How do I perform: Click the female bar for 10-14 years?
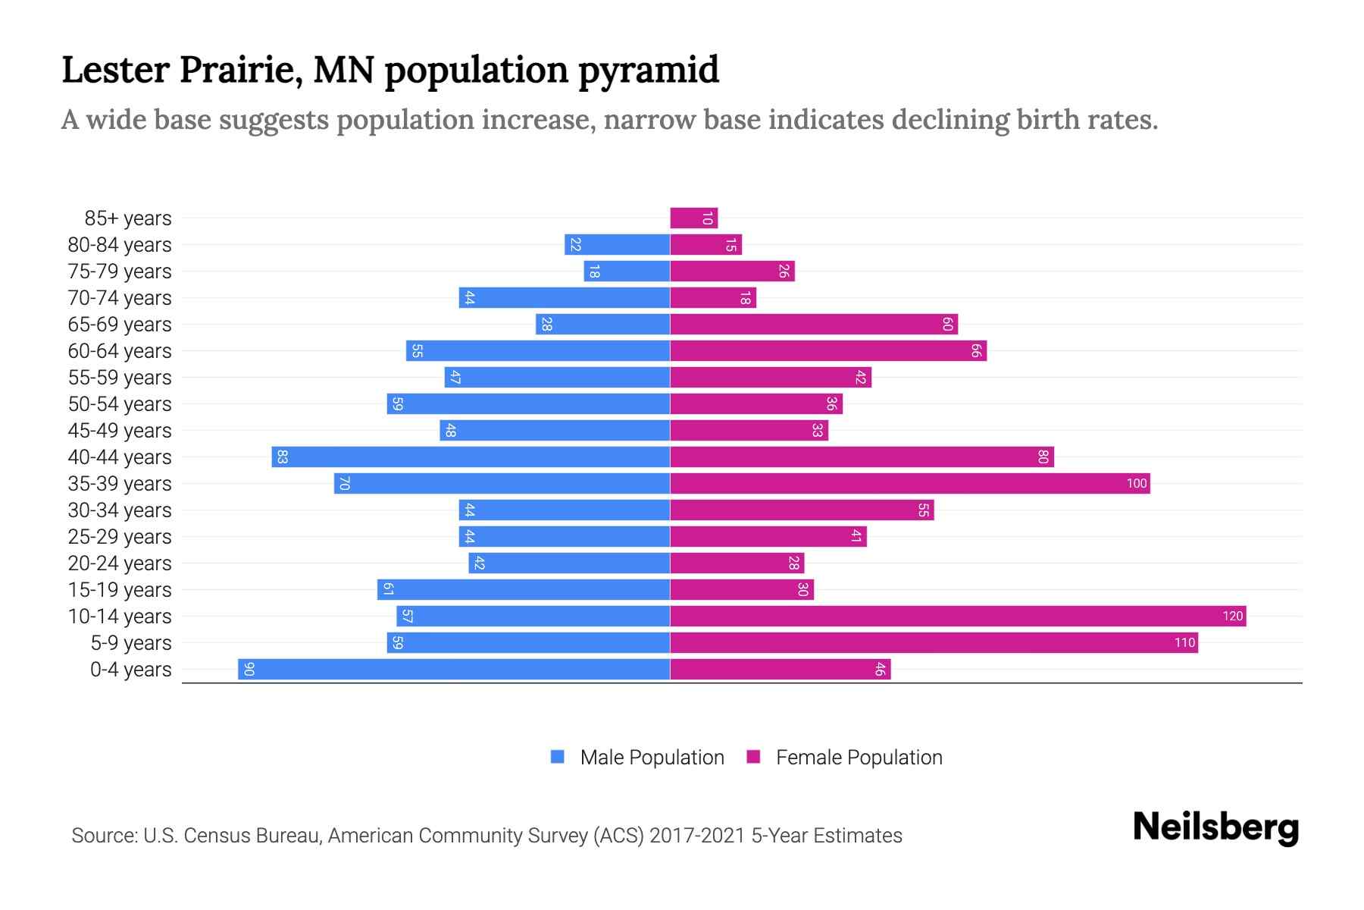(958, 616)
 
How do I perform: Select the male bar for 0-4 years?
(455, 669)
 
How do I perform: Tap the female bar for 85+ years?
(693, 218)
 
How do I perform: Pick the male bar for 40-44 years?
(471, 457)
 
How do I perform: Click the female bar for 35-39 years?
(909, 483)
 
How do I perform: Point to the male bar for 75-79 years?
(627, 271)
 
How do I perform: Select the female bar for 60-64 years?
(828, 350)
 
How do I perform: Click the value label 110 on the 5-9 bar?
(1184, 643)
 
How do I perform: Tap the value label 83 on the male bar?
(282, 457)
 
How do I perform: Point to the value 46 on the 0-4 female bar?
(880, 669)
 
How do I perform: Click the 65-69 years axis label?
(120, 325)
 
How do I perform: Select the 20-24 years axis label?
(120, 563)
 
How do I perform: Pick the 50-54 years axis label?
(120, 404)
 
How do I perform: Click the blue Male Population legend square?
(558, 757)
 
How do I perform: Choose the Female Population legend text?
(859, 758)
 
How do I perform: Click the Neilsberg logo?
(1215, 827)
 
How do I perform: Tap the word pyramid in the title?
(649, 71)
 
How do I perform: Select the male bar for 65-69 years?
(603, 325)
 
